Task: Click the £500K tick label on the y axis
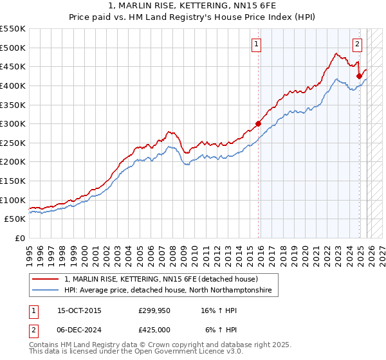coord(13,48)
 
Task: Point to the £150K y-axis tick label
coord(13,181)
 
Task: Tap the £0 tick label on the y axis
coord(20,238)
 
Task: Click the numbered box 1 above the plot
coord(256,44)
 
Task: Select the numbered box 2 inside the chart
coord(357,44)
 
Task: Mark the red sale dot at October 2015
coord(258,123)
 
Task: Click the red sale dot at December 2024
coord(359,76)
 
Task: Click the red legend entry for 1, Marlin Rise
coord(161,280)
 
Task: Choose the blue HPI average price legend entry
coord(168,291)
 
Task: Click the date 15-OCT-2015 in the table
coord(79,310)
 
